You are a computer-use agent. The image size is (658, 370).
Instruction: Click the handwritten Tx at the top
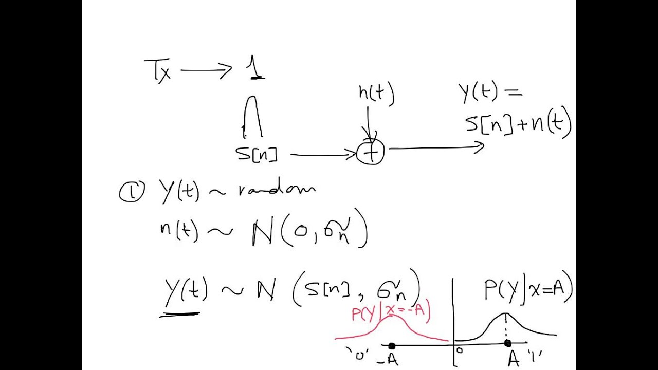[x=157, y=71]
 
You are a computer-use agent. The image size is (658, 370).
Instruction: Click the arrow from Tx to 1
[x=206, y=71]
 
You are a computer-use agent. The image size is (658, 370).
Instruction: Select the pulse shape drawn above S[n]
[x=252, y=116]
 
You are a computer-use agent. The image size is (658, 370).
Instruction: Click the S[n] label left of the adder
[x=257, y=154]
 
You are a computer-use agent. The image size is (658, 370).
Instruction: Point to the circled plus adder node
[x=371, y=153]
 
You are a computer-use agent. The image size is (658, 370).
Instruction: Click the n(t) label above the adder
[x=376, y=95]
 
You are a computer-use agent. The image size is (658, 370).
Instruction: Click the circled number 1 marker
[x=132, y=192]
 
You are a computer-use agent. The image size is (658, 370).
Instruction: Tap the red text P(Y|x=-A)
[x=391, y=312]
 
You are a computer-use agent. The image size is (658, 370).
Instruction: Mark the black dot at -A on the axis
[x=392, y=346]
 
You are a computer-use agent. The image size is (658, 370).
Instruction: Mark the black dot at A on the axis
[x=507, y=343]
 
